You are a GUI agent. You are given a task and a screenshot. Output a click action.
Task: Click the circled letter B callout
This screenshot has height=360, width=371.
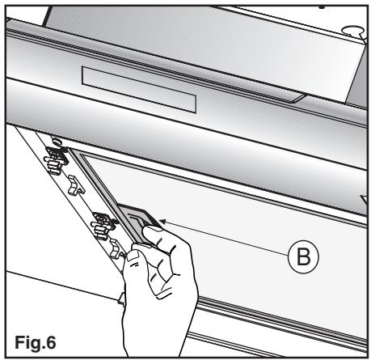pos(303,256)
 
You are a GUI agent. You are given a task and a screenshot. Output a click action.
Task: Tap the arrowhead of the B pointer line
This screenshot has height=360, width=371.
pos(163,222)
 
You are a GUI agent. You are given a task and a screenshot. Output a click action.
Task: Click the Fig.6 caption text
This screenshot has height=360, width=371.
pos(36,342)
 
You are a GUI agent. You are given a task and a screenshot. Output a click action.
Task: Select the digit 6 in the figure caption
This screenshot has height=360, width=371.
pos(50,342)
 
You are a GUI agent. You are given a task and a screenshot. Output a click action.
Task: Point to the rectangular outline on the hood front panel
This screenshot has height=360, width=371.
pos(139,90)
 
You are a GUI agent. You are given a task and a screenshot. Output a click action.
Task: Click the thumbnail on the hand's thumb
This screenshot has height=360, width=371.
pos(133,255)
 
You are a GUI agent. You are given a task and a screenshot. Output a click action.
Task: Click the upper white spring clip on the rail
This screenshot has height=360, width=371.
pos(74,185)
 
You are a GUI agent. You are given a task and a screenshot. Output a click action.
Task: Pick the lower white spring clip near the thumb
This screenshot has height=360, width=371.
pos(116,249)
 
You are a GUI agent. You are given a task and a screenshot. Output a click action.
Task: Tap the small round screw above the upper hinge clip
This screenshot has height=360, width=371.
pos(56,141)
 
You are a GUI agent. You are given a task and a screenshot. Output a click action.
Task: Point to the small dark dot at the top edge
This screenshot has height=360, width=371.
pos(322,6)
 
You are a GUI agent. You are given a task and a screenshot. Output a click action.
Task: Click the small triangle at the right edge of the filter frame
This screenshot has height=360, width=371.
pos(364,201)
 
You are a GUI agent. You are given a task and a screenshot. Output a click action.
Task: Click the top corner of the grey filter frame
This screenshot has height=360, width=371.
pos(71,149)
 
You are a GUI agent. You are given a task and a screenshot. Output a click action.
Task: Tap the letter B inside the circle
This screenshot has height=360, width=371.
pos(303,256)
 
